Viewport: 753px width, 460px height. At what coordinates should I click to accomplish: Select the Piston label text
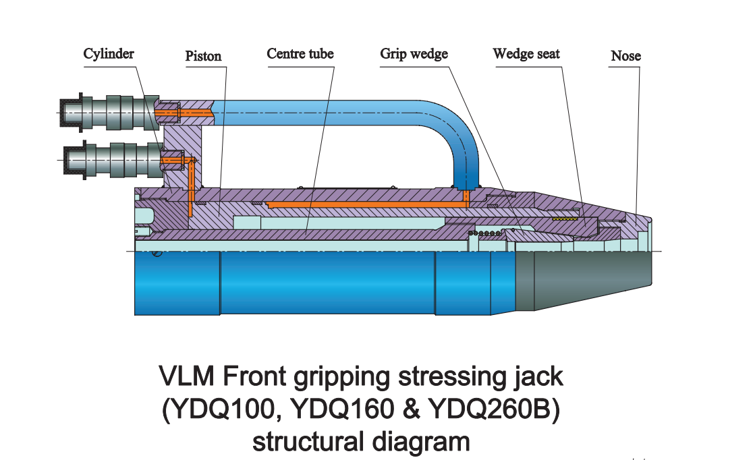tap(203, 56)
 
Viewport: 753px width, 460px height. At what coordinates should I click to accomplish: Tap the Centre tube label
tap(300, 53)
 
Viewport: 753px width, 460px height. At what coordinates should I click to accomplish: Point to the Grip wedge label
tap(414, 54)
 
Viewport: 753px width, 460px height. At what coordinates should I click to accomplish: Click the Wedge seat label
tap(526, 53)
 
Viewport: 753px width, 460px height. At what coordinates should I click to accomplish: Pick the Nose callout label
tap(625, 56)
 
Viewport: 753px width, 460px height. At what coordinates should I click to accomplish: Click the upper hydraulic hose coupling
tap(108, 111)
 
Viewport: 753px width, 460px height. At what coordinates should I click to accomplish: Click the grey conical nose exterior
tap(584, 279)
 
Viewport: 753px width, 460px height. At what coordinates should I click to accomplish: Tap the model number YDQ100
tap(221, 411)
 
